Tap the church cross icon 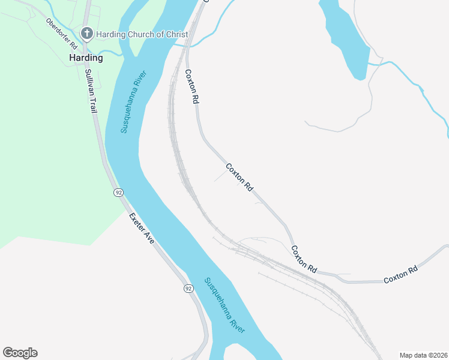tap(87, 34)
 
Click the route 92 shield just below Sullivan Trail tap(119, 193)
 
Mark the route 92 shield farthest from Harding tap(188, 289)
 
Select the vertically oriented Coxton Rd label tap(191, 87)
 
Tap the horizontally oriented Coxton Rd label tap(400, 276)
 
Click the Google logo tap(20, 353)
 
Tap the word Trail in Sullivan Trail tap(94, 101)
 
